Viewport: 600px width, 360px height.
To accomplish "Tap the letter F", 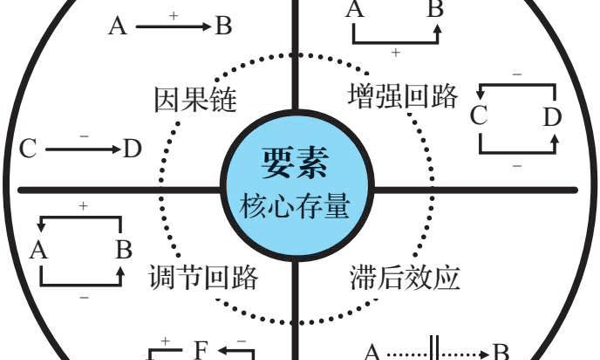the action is click(x=201, y=349).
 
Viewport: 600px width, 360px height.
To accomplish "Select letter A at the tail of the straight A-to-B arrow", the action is click(x=117, y=27).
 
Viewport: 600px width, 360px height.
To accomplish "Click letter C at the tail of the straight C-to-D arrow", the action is click(x=28, y=150).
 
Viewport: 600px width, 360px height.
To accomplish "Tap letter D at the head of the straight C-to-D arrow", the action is click(x=133, y=150).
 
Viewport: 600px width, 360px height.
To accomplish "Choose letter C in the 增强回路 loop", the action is click(x=478, y=116).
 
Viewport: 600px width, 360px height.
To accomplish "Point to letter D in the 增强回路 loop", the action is click(x=552, y=116).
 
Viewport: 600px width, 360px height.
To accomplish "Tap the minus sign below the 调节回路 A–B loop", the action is click(x=82, y=298).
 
